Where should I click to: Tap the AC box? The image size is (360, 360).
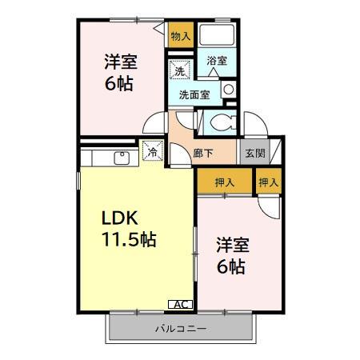pyautogui.click(x=181, y=304)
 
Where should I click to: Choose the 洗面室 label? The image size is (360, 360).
pyautogui.click(x=194, y=94)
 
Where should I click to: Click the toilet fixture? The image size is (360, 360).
pyautogui.click(x=217, y=122)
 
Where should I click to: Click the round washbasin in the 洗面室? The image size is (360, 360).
pyautogui.click(x=229, y=89)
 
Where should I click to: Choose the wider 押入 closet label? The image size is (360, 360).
pyautogui.click(x=225, y=183)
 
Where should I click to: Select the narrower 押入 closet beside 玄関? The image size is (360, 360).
pyautogui.click(x=270, y=183)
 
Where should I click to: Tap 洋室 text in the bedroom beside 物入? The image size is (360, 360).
pyautogui.click(x=118, y=62)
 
